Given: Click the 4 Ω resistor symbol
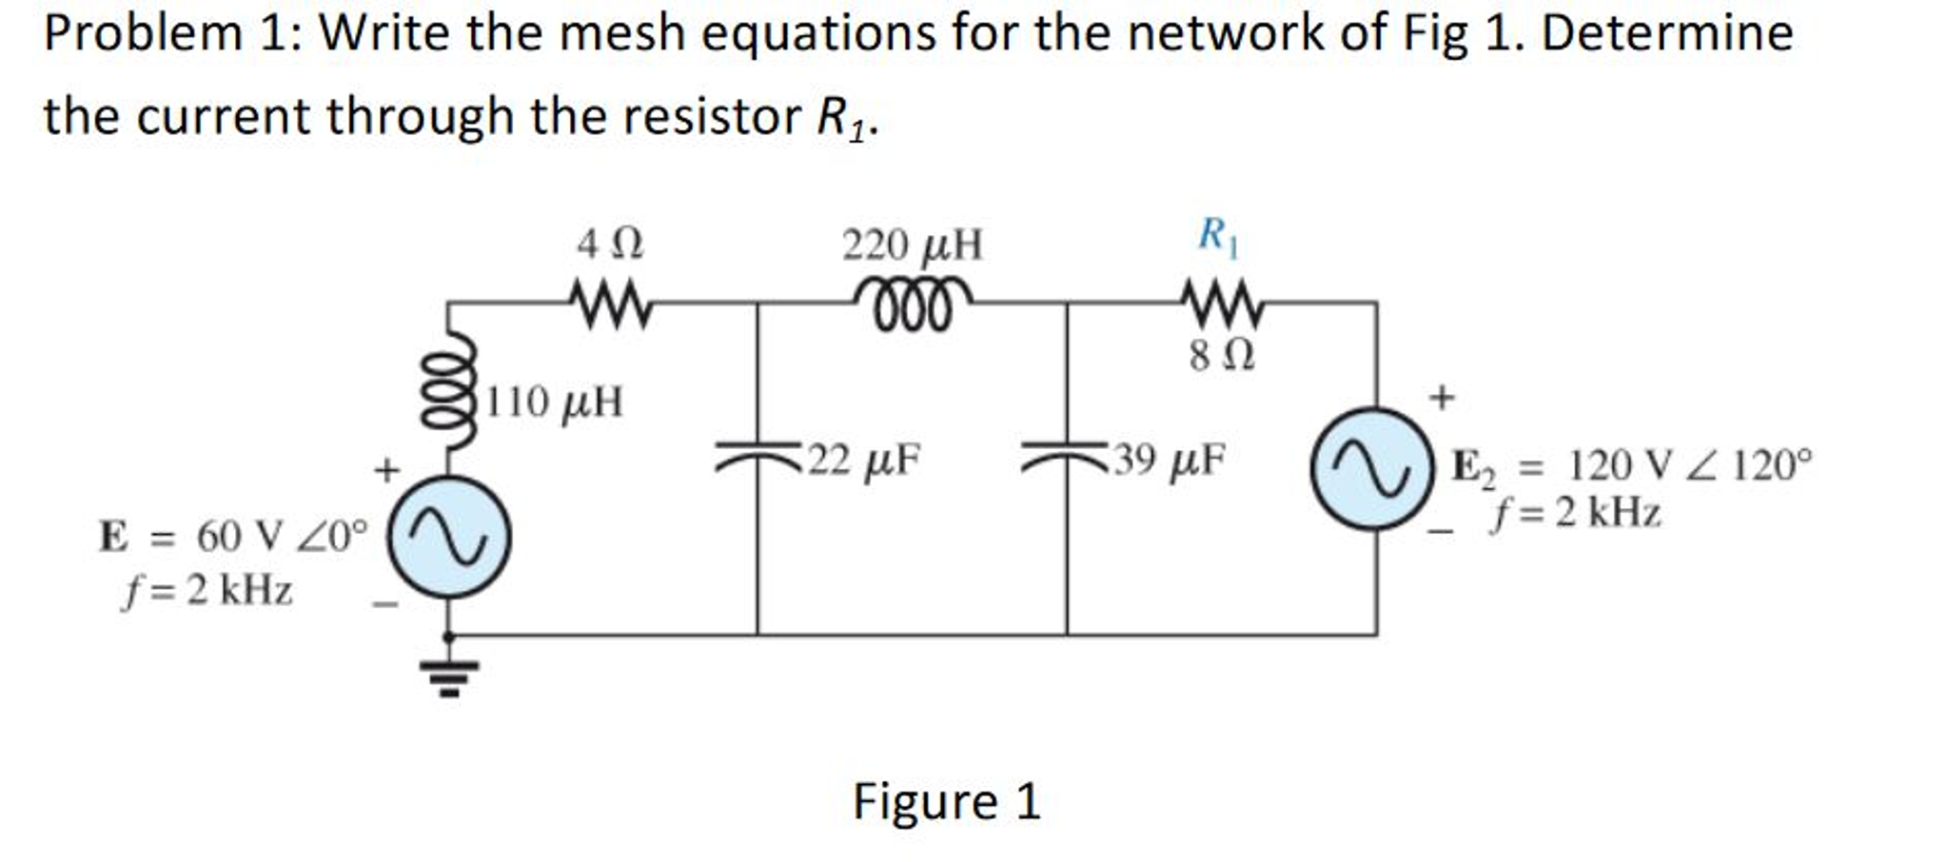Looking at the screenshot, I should tap(612, 304).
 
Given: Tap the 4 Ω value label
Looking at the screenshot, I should tap(610, 245).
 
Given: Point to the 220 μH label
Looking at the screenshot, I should tap(912, 245).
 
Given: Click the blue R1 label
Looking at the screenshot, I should tap(1218, 235).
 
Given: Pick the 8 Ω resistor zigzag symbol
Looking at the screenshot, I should tap(1222, 304).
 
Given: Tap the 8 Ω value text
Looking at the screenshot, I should tap(1222, 357).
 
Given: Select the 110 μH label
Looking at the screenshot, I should tap(555, 402).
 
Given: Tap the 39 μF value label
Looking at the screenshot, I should tap(1170, 460).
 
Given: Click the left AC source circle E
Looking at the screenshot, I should tap(449, 538).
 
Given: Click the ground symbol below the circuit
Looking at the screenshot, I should tap(449, 676).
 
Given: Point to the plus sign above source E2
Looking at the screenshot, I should tap(1442, 397).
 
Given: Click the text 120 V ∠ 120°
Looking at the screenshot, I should tap(1689, 466).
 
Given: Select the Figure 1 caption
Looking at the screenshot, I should tap(946, 801).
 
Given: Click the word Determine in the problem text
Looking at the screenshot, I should tap(1666, 33).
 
